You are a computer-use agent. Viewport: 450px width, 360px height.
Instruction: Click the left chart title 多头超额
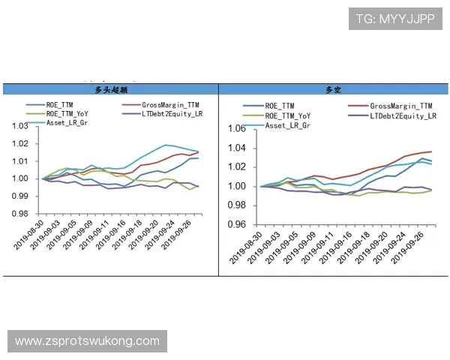tap(110, 90)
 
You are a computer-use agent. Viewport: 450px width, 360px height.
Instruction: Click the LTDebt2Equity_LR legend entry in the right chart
tap(402, 115)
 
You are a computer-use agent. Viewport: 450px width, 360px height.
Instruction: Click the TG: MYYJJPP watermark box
tap(395, 18)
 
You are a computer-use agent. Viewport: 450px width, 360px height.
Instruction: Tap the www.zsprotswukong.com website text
tap(87, 341)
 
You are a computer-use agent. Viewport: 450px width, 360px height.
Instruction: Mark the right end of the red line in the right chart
tap(431, 151)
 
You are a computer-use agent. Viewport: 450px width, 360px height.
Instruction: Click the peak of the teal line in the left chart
tap(165, 145)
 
